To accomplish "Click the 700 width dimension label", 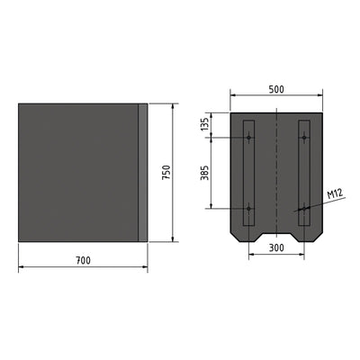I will tap(83, 260).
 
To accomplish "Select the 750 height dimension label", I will tap(166, 173).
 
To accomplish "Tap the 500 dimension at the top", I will tap(276, 89).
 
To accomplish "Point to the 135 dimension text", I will tap(205, 124).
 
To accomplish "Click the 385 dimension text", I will tap(205, 173).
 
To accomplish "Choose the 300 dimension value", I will tap(276, 247).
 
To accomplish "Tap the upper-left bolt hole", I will tap(248, 138).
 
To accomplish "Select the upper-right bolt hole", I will tap(304, 138).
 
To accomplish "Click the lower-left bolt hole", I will tap(248, 209).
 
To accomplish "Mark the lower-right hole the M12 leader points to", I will tap(304, 209).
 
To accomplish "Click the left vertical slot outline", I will tap(243, 171).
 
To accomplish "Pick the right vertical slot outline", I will tap(310, 171).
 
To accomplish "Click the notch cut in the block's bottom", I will tap(276, 237).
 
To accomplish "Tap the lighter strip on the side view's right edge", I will tap(142, 173).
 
